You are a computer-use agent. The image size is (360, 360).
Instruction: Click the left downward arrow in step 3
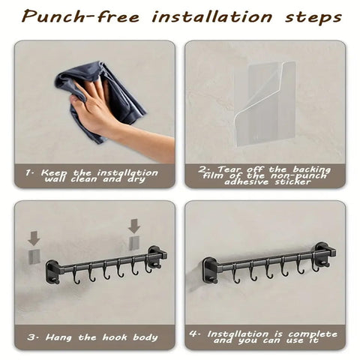[x=34, y=238]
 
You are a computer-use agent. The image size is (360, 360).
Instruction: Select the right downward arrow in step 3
[x=134, y=226]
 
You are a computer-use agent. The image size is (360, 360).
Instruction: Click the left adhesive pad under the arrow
[x=34, y=256]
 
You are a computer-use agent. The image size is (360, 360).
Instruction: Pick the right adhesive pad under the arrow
[x=134, y=243]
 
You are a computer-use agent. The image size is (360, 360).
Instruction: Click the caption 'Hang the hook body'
[x=101, y=337]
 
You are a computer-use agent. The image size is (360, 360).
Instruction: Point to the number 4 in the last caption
[x=194, y=333]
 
